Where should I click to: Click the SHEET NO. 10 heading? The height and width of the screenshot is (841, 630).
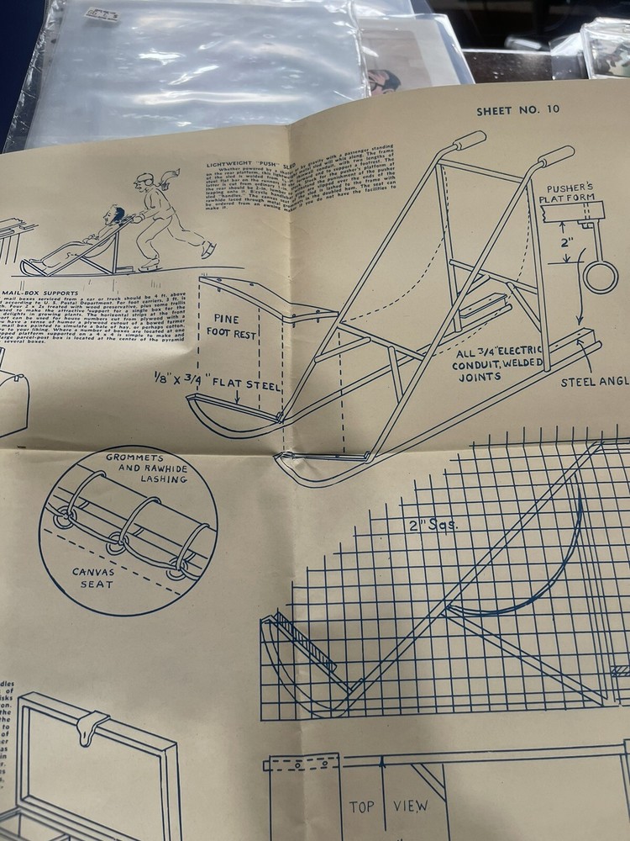click(517, 110)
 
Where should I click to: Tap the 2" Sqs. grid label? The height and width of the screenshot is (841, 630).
click(433, 525)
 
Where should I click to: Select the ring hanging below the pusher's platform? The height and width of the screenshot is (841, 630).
click(601, 277)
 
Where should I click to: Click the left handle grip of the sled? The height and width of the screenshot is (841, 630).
click(470, 140)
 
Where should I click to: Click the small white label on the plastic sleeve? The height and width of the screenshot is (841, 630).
click(102, 14)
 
